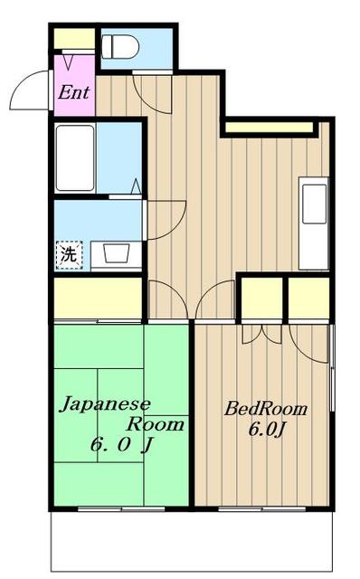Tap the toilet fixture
117,46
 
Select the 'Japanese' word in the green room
105,404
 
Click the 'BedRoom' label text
266,409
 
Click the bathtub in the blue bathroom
75,158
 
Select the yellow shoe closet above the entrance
74,39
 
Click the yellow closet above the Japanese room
98,298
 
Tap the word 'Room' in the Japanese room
155,423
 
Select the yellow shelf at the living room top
269,128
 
